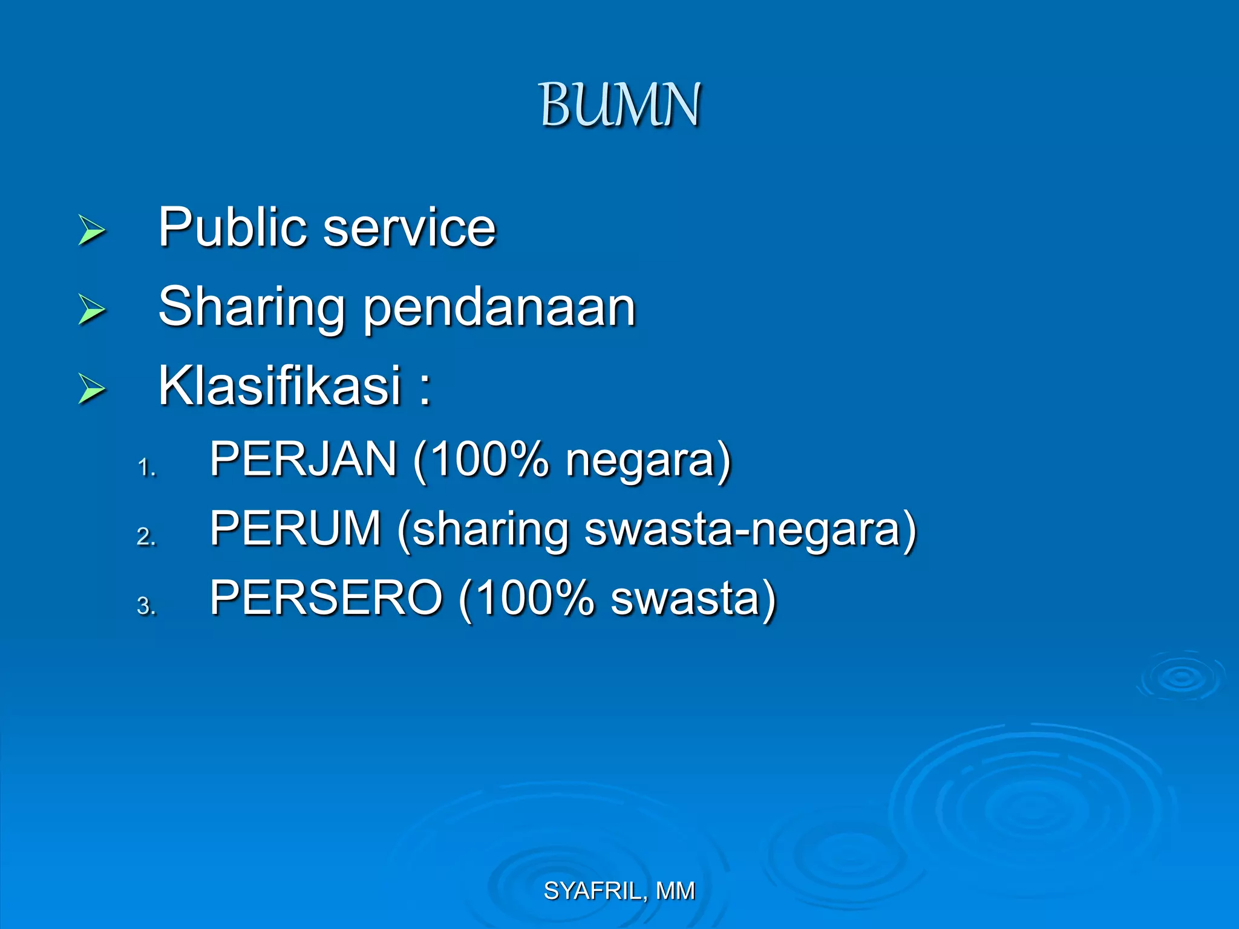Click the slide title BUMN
click(x=619, y=105)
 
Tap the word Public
click(x=232, y=228)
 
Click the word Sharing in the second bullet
click(x=252, y=308)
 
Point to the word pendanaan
click(x=499, y=308)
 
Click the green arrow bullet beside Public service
click(x=92, y=230)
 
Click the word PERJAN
click(x=303, y=459)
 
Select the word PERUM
click(x=295, y=529)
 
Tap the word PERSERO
click(x=326, y=598)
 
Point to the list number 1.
click(x=146, y=468)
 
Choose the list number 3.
click(x=146, y=606)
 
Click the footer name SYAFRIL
click(x=592, y=891)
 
